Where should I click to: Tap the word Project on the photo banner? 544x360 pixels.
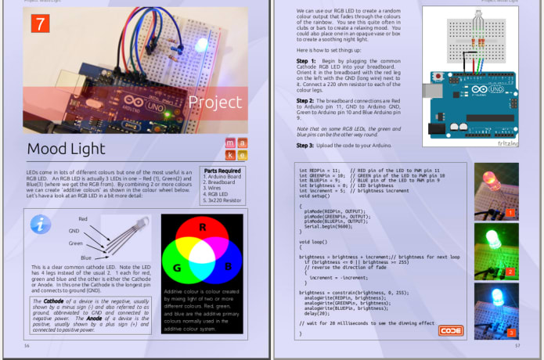215,102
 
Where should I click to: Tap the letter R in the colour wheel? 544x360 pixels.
201,228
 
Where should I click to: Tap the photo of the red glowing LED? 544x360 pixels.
496,191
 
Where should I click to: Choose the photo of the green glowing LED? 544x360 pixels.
496,251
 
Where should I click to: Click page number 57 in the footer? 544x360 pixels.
517,345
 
